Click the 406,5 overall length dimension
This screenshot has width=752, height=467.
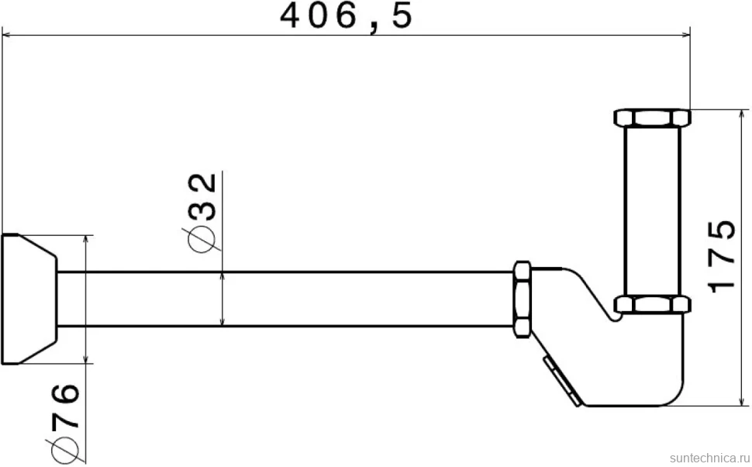(x=346, y=16)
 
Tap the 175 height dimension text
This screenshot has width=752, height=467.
(x=721, y=256)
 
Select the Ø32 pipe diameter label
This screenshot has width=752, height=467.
(x=201, y=212)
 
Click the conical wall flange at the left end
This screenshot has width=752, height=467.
(x=29, y=299)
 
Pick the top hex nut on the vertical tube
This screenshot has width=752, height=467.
(x=653, y=118)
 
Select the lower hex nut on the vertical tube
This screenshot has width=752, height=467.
(x=653, y=305)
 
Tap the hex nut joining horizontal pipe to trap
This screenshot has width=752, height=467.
(x=523, y=299)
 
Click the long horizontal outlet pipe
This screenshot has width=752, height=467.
(x=285, y=299)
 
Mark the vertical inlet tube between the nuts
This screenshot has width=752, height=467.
(x=653, y=211)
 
